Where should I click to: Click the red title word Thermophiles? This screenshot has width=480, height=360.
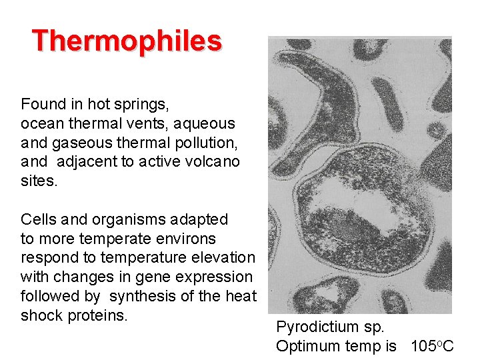click(127, 41)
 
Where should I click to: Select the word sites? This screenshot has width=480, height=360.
click(39, 181)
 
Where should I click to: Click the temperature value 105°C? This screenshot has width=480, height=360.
click(432, 346)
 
